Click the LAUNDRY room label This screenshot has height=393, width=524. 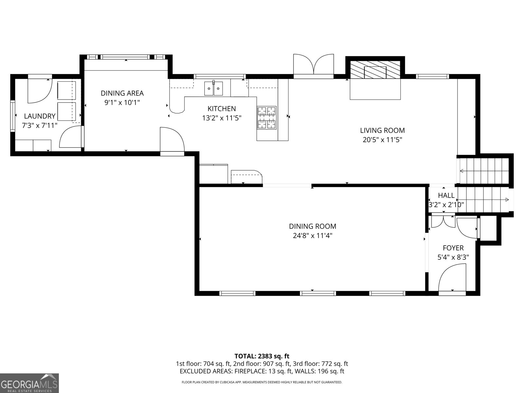pyautogui.click(x=40, y=116)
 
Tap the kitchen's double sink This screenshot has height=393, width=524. pyautogui.click(x=214, y=89)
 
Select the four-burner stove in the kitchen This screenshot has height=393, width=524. pyautogui.click(x=267, y=118)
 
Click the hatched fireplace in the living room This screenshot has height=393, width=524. pyautogui.click(x=375, y=70)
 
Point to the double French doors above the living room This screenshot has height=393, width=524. pyautogui.click(x=313, y=65)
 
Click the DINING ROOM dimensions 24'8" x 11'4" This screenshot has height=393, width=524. pyautogui.click(x=312, y=235)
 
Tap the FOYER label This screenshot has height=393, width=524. pyautogui.click(x=453, y=248)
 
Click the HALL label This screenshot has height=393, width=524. pyautogui.click(x=446, y=196)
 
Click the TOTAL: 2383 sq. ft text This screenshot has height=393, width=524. pyautogui.click(x=262, y=356)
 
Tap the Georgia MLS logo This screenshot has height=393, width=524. pyautogui.click(x=29, y=383)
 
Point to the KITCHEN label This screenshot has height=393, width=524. pyautogui.click(x=221, y=108)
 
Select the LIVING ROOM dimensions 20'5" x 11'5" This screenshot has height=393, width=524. pyautogui.click(x=382, y=140)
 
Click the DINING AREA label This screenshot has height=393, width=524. pyautogui.click(x=122, y=93)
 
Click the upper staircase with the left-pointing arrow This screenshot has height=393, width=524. pyautogui.click(x=484, y=171)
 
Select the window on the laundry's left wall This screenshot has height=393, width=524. pyautogui.click(x=13, y=115)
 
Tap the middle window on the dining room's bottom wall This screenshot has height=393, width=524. pyautogui.click(x=318, y=293)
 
